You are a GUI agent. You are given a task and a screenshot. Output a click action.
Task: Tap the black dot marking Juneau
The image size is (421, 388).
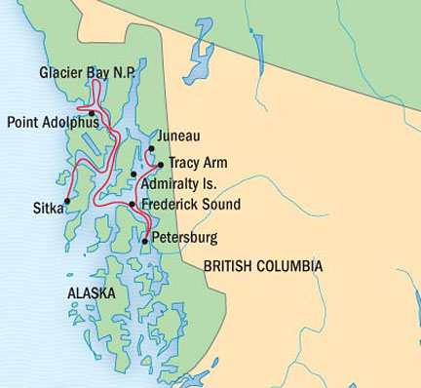(x=151, y=149)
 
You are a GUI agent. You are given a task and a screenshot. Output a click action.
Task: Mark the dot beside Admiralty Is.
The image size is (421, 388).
(x=134, y=175)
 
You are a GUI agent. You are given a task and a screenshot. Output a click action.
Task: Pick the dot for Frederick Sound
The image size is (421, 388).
(x=133, y=204)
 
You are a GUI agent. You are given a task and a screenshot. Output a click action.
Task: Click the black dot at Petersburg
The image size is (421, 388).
(x=145, y=240)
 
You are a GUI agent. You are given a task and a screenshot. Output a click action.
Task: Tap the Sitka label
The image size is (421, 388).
(x=46, y=208)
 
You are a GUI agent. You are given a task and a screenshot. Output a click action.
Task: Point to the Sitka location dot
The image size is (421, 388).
(x=65, y=203)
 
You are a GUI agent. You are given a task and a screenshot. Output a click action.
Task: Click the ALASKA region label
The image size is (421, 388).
(x=92, y=293)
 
